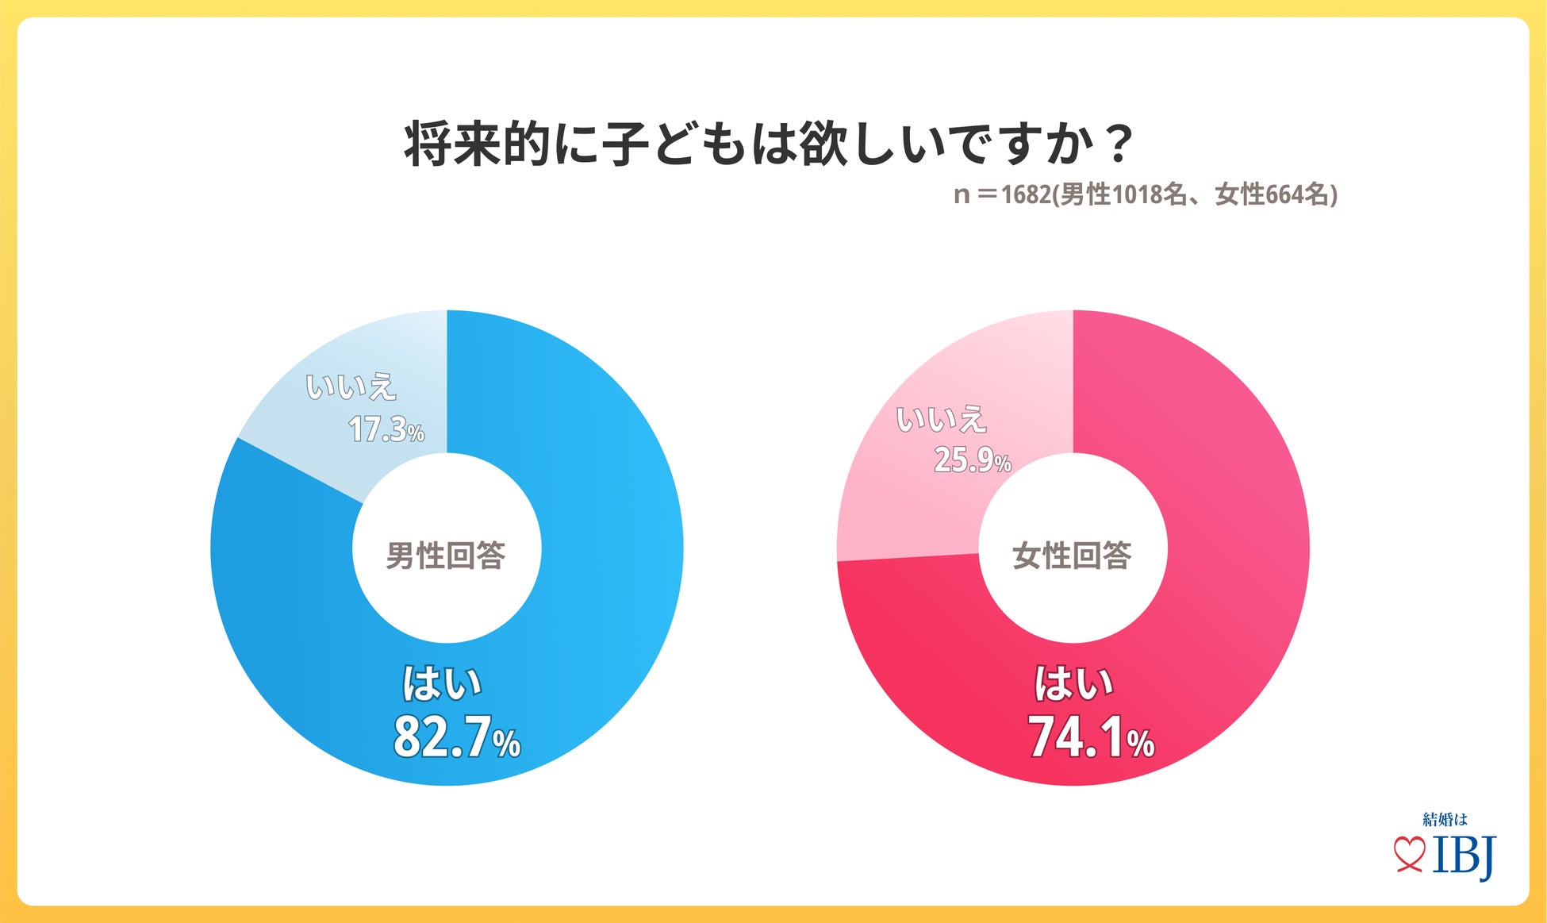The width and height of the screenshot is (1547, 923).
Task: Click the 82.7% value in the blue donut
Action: point(456,737)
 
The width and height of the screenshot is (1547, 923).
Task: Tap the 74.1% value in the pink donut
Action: point(1090,737)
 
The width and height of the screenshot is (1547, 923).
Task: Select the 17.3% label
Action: point(386,430)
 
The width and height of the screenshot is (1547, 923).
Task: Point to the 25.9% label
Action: point(972,460)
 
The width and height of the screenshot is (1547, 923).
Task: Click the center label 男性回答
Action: point(446,556)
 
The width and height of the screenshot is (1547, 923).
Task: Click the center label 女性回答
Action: point(1072,556)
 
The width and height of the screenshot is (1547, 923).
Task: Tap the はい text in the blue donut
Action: point(442,684)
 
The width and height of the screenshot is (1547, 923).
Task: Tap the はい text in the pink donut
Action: point(1073,684)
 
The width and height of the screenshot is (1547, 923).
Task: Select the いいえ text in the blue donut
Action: point(351,387)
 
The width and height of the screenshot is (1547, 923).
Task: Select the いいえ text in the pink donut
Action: point(941,419)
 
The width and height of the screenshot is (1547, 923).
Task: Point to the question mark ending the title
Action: point(1120,144)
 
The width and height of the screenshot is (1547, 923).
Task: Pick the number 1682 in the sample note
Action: point(1025,195)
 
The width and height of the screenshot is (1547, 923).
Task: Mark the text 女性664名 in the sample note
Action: point(1272,195)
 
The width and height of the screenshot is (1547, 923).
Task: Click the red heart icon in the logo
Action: point(1409,854)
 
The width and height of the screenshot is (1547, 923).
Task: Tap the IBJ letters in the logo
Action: point(1464,856)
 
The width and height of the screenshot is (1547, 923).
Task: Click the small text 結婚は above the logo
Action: point(1445,819)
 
